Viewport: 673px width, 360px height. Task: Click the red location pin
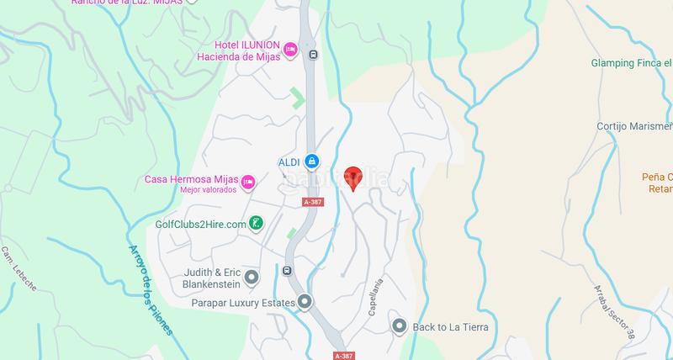352,177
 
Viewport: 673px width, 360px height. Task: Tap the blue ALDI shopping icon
311,161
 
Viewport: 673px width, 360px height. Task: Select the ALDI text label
289,161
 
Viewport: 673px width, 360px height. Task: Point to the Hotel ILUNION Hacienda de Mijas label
241,50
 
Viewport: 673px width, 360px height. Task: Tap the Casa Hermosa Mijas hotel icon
248,181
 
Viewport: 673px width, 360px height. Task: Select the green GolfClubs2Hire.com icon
257,224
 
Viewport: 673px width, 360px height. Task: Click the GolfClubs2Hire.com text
200,225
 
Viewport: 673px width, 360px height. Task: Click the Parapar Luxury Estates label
242,302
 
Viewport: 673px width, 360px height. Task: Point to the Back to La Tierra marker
400,326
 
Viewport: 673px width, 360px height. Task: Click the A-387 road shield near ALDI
313,202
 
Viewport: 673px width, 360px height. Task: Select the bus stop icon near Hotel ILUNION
314,56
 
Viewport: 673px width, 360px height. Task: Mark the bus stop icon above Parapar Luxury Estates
287,271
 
